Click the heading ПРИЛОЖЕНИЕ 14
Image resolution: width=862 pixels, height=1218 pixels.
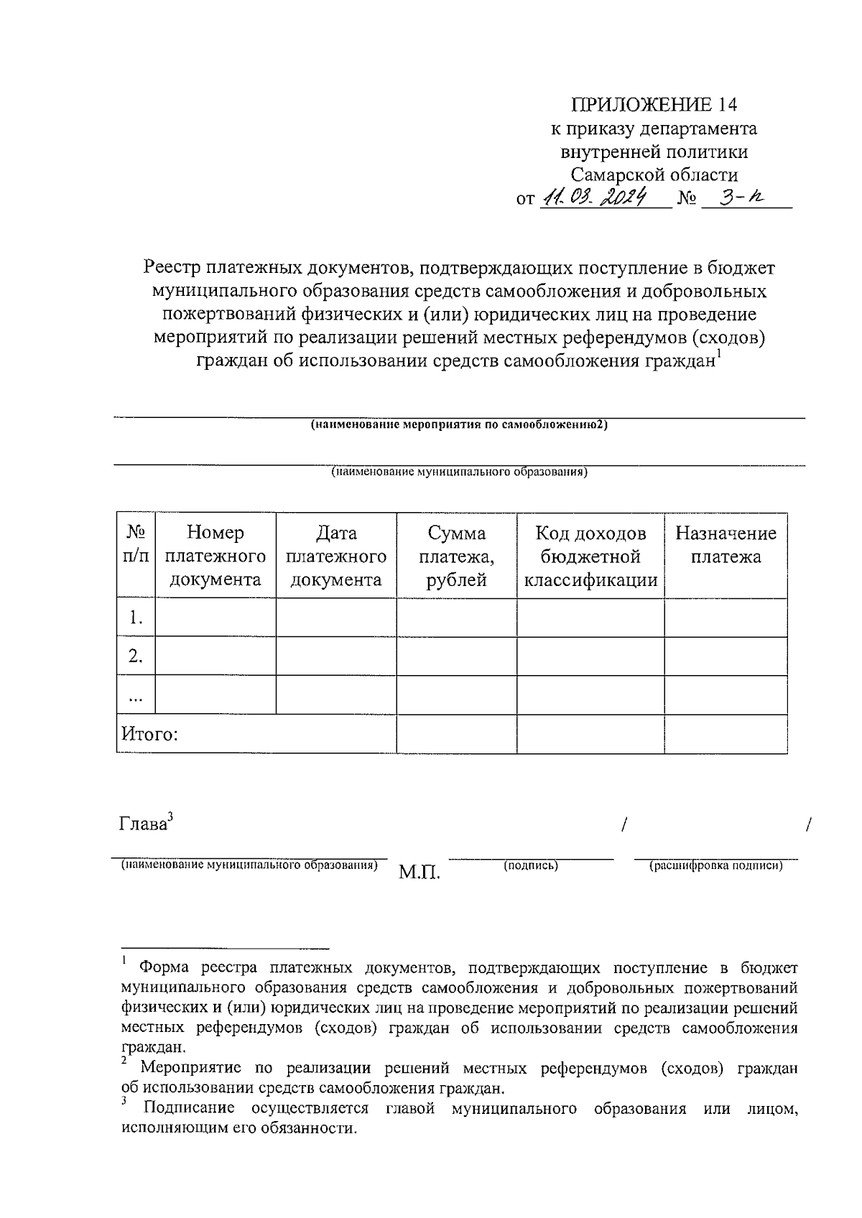(x=654, y=105)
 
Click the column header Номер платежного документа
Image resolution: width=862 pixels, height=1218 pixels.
(x=215, y=556)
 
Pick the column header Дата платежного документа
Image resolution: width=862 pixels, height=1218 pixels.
(x=335, y=556)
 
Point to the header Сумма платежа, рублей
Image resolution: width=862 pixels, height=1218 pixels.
(x=456, y=556)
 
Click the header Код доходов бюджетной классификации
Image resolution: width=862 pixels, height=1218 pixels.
(x=590, y=556)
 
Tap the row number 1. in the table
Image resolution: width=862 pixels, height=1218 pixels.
(x=135, y=618)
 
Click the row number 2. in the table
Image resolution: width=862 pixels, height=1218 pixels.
(x=135, y=656)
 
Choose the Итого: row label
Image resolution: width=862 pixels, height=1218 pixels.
(x=149, y=734)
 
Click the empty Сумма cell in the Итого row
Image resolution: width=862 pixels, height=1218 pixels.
(x=456, y=734)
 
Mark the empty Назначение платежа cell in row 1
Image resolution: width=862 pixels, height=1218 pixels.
(x=726, y=618)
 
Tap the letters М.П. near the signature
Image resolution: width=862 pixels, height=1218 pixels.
(x=420, y=873)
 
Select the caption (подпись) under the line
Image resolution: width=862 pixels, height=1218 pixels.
(x=531, y=866)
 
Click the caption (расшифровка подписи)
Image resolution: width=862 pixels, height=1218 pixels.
(x=715, y=866)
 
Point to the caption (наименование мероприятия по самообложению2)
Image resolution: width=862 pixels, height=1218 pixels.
(x=459, y=425)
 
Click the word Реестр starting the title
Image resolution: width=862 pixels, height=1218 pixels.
(x=172, y=269)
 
